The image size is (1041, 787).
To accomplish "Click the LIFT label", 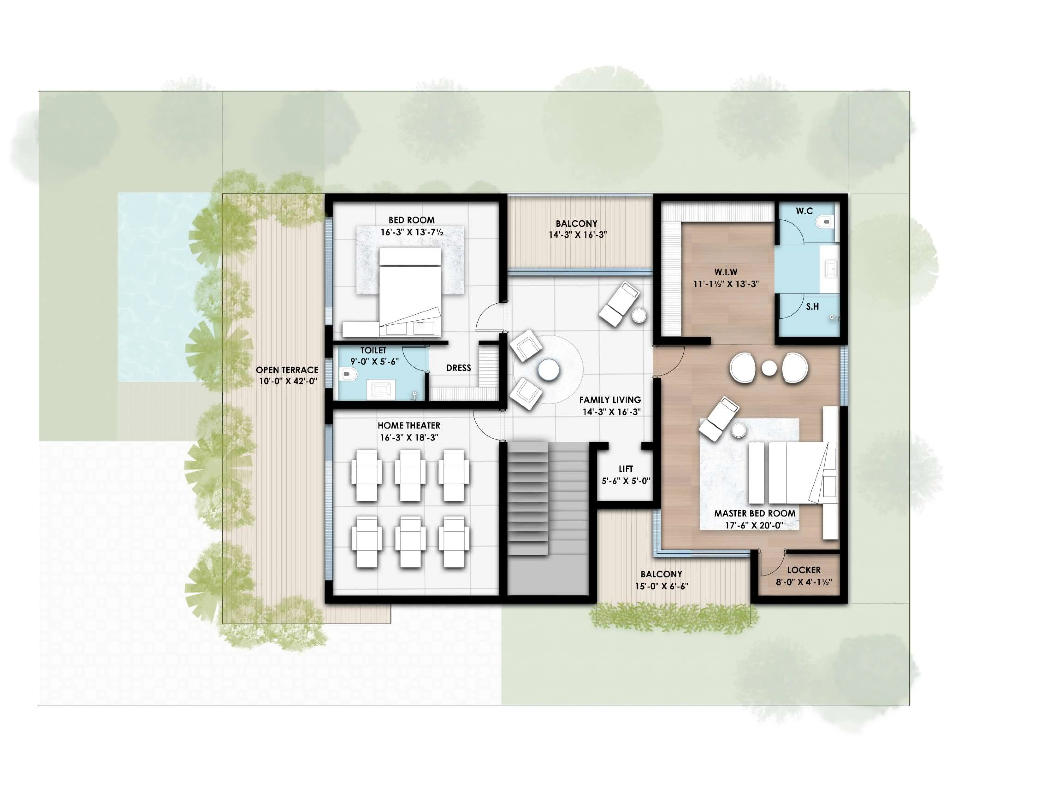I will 625,469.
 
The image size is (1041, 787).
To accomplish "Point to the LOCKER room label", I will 804,570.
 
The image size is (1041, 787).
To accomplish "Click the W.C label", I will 804,211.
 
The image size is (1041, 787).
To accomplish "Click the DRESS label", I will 458,368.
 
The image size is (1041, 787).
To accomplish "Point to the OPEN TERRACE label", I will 287,370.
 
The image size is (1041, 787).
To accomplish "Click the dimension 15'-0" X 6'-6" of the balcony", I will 661,586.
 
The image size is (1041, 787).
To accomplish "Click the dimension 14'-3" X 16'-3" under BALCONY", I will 577,235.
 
